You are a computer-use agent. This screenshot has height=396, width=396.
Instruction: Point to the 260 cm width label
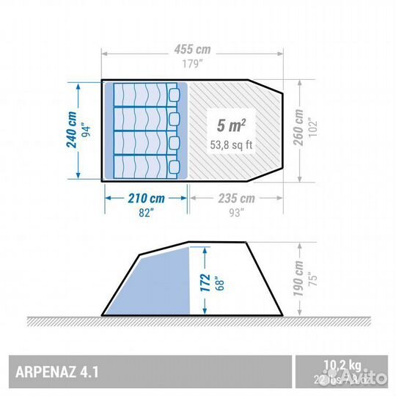(x=298, y=129)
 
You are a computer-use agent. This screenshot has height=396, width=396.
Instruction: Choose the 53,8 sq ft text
(x=231, y=144)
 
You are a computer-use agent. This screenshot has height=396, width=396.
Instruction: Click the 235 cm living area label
(x=236, y=198)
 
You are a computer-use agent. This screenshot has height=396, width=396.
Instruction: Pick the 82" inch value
(x=147, y=213)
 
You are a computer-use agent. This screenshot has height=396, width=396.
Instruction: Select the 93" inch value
(x=236, y=213)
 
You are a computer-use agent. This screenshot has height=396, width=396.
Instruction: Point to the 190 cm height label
(x=298, y=276)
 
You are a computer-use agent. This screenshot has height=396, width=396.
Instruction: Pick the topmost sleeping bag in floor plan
(x=146, y=95)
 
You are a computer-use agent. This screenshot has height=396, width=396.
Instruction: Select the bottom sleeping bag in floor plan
(x=146, y=166)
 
